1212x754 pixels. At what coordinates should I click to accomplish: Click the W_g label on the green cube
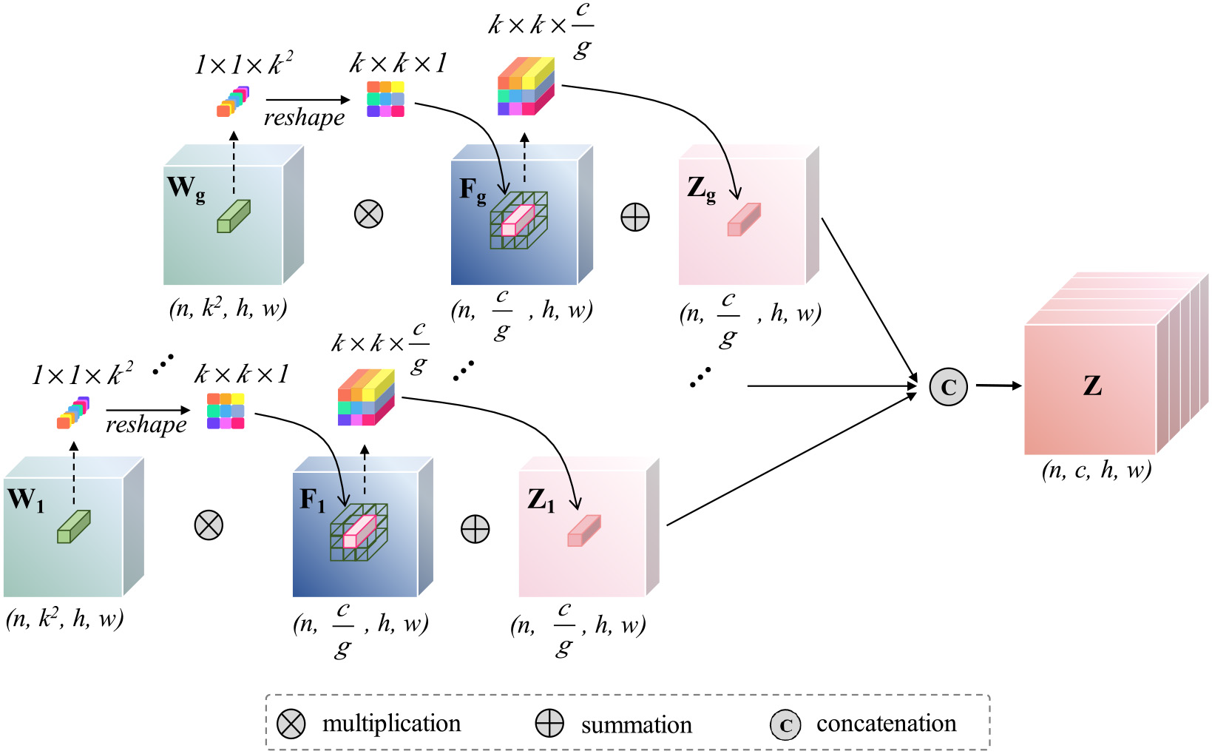tap(186, 188)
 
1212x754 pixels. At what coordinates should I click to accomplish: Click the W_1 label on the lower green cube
tap(27, 500)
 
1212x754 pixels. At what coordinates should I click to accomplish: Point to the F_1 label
tap(312, 501)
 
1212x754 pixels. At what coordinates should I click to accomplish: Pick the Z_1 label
tap(541, 501)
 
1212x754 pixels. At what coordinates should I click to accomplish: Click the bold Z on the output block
tap(1092, 386)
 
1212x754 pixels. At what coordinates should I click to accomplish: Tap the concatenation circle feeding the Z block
tap(948, 386)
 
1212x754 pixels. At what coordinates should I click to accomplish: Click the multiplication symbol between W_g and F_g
tap(368, 215)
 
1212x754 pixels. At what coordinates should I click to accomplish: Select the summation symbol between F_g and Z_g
tap(635, 218)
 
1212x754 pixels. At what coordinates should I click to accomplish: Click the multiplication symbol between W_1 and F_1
tap(209, 525)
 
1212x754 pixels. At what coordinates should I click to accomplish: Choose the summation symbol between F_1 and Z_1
tap(475, 529)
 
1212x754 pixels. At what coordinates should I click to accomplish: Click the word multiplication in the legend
tap(391, 724)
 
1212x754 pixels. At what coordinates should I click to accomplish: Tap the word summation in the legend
tap(636, 725)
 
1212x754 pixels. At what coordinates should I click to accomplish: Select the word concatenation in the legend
tap(886, 724)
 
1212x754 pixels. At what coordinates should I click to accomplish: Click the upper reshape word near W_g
tap(304, 118)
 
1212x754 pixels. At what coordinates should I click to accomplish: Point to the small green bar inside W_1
tap(74, 526)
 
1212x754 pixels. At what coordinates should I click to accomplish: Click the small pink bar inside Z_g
tap(744, 220)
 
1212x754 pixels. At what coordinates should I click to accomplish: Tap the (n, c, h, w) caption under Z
tap(1097, 471)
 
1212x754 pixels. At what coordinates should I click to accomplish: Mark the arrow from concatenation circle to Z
tap(998, 386)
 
